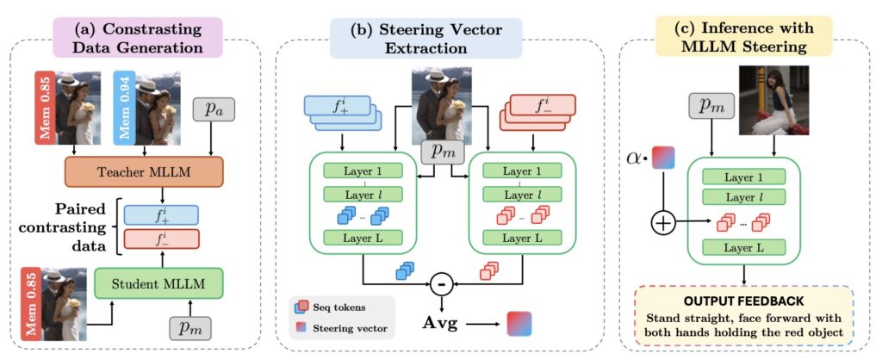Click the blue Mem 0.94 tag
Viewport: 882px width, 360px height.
coord(123,107)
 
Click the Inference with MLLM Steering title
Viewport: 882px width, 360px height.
coord(745,38)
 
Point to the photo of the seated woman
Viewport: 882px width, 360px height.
coord(774,100)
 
